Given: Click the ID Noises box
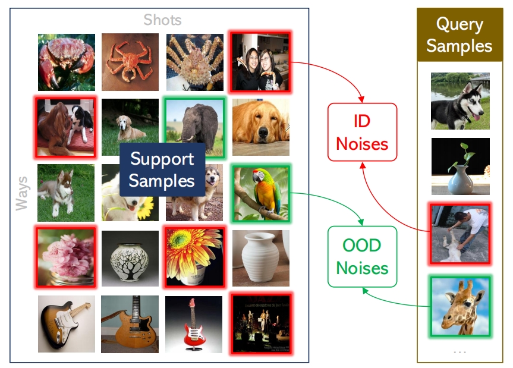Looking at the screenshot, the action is point(362,132).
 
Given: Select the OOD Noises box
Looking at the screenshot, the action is point(362,256).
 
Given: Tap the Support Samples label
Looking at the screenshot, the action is point(162,169).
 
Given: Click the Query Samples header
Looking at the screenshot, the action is point(460,34).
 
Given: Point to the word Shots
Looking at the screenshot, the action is point(163,20).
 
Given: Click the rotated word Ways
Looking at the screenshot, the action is point(22,193).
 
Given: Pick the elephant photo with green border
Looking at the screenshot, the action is point(195,128).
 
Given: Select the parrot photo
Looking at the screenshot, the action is point(261,194).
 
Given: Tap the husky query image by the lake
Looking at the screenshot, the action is point(460,101).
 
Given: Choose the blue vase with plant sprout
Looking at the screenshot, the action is point(461,166).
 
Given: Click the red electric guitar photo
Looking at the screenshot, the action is point(194,324).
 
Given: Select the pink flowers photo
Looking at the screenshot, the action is point(66,257).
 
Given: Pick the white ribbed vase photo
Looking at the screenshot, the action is point(261,258).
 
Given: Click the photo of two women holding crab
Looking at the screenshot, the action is point(260,61).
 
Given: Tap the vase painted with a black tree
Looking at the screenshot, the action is point(130,259).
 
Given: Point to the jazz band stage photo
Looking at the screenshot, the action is point(262,323).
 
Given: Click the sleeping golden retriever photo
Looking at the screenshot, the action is point(261,127).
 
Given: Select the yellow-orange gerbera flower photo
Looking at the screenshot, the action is point(195,257).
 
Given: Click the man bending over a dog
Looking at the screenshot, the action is point(460,234).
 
